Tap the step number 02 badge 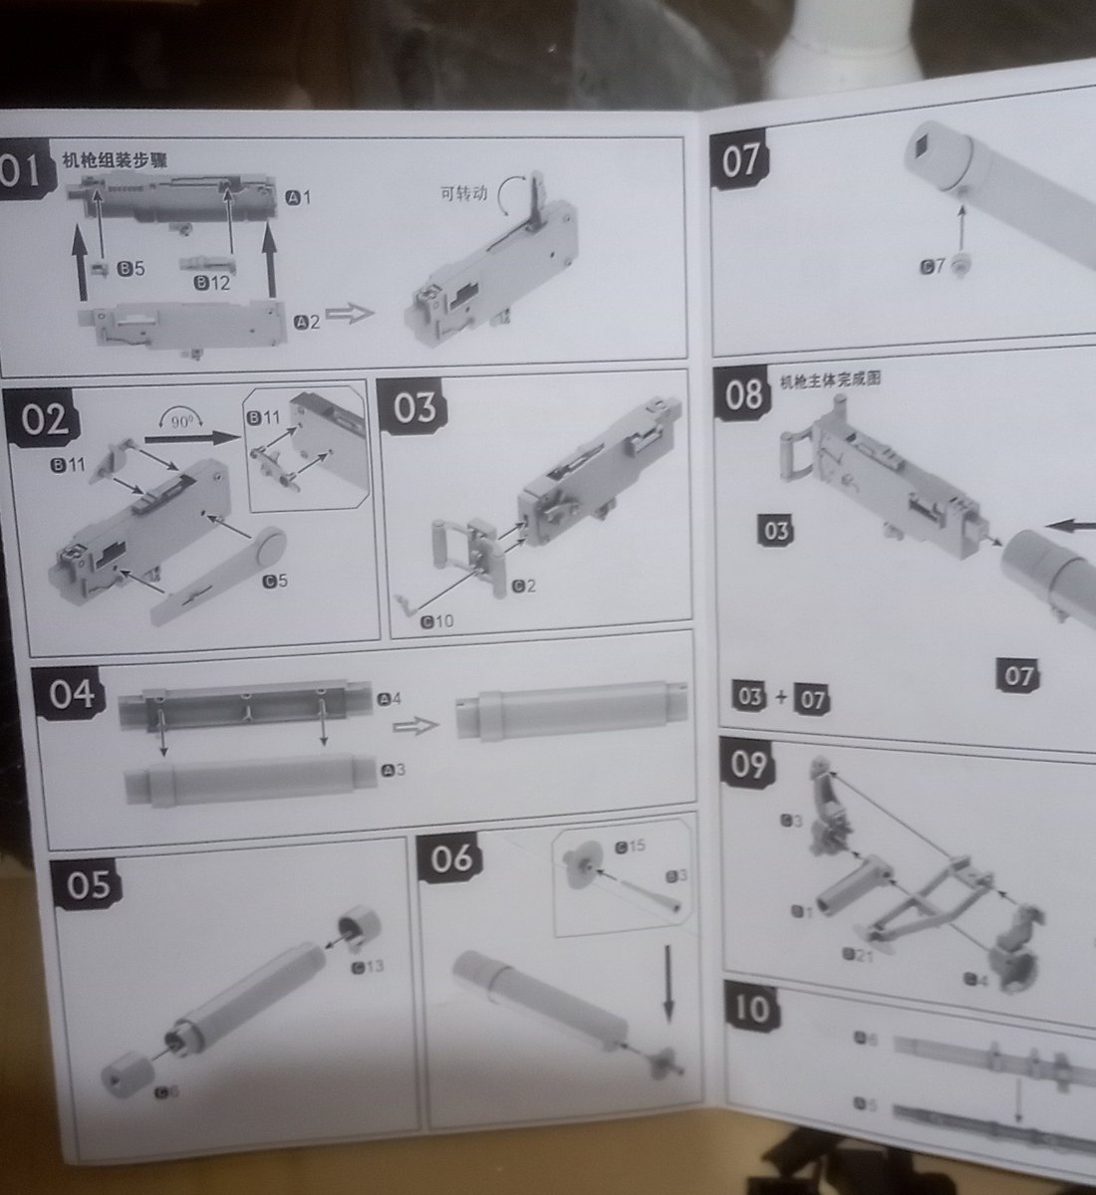click(45, 418)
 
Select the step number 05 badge click(87, 884)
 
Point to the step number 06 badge click(451, 858)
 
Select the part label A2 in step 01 click(308, 321)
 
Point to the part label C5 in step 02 click(275, 581)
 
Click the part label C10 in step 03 click(435, 621)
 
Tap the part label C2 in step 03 click(524, 586)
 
